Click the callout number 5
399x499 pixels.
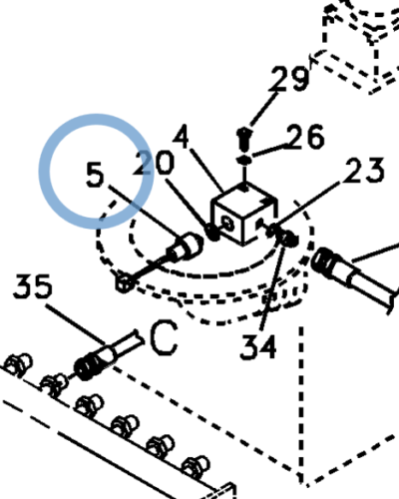(95, 175)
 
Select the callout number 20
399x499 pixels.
(154, 163)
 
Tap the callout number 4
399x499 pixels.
(182, 136)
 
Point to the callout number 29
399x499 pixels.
(288, 78)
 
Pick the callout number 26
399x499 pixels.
(305, 137)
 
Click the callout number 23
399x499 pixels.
(363, 171)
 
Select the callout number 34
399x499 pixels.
(258, 347)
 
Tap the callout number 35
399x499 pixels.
(33, 286)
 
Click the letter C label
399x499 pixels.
(164, 337)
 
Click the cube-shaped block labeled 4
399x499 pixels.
(243, 214)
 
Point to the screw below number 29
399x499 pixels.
(244, 138)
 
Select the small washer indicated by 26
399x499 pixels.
(244, 160)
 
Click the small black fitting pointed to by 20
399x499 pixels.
(212, 232)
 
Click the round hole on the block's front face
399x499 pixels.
(228, 224)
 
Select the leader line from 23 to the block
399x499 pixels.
(307, 205)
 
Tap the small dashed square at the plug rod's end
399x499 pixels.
(124, 283)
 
